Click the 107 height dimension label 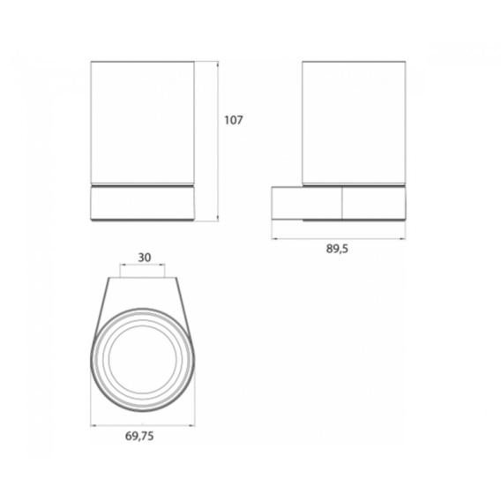(x=234, y=120)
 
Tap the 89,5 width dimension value (x=337, y=249)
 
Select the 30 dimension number (x=145, y=258)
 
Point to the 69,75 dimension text (x=139, y=436)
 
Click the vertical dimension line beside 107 (x=218, y=141)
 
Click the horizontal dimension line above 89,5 (x=339, y=238)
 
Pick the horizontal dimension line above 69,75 (x=143, y=425)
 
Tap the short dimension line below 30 (x=143, y=265)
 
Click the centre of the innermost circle (x=143, y=359)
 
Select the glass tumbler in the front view (x=143, y=123)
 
